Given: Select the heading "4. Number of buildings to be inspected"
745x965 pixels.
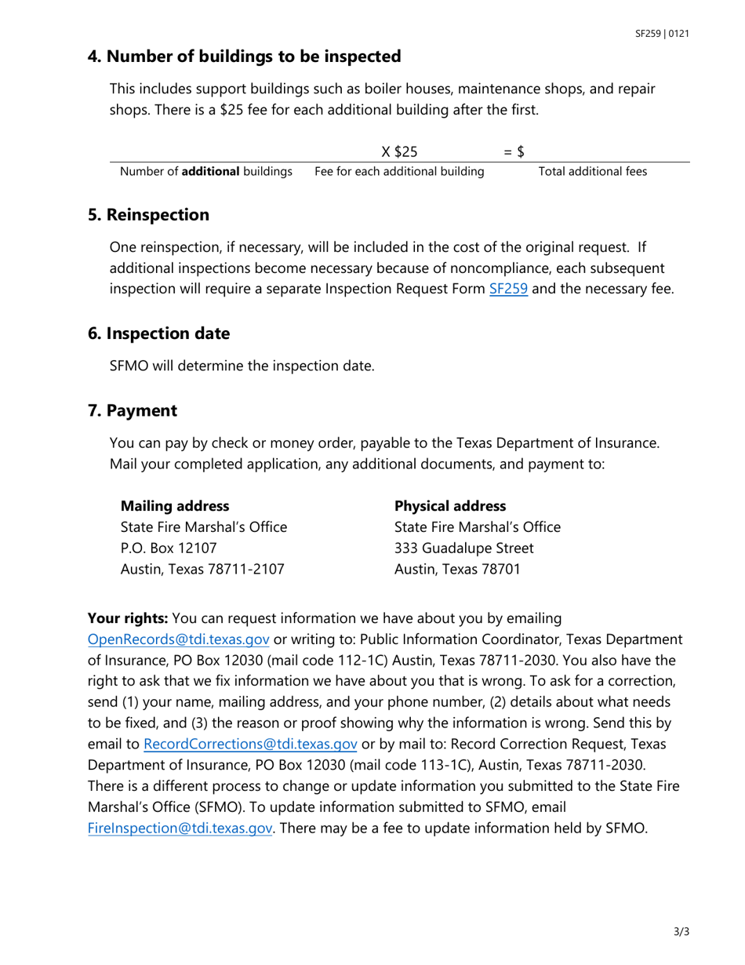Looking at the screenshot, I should click(x=244, y=56).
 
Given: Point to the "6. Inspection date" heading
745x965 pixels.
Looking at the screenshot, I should click(x=158, y=333).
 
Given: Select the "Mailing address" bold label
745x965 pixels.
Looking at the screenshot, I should click(x=174, y=506).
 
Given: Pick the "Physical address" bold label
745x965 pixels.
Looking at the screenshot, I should click(x=450, y=506).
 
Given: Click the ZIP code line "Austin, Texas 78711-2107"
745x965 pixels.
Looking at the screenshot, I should click(x=202, y=569).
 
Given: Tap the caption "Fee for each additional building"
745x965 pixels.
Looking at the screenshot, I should click(x=399, y=171).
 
